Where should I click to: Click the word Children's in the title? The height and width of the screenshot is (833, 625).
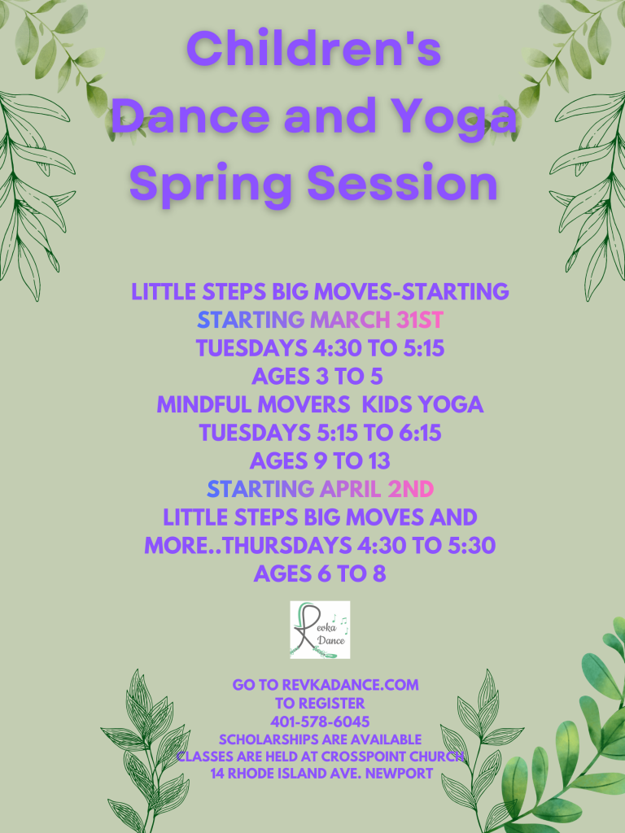coord(313,51)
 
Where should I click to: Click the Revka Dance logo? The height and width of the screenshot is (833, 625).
coord(320,629)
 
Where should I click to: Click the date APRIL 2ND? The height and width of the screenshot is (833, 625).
coord(377,489)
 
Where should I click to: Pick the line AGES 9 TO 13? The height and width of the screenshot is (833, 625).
coord(320,461)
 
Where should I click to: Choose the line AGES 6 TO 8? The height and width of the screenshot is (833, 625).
coord(320,574)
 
